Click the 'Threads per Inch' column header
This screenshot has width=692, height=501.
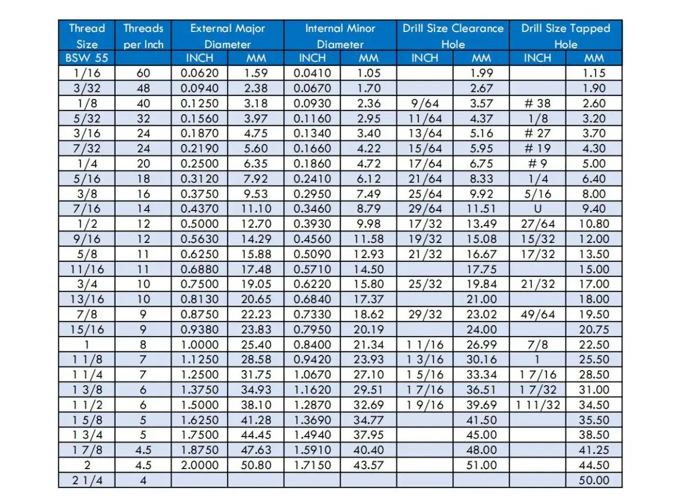pyautogui.click(x=143, y=36)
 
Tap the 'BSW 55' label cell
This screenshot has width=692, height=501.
pyautogui.click(x=87, y=58)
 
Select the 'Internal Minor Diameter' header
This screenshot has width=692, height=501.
pyautogui.click(x=340, y=36)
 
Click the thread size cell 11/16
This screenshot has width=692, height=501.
pyautogui.click(x=87, y=269)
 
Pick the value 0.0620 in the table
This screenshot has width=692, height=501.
pyautogui.click(x=199, y=73)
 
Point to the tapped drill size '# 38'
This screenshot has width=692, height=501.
pyautogui.click(x=537, y=103)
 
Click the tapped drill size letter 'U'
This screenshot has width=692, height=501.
pyautogui.click(x=537, y=209)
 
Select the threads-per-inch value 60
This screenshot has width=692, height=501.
pyautogui.click(x=143, y=73)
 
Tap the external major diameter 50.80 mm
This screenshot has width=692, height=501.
pyautogui.click(x=256, y=465)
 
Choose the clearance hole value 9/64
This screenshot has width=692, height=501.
pyautogui.click(x=425, y=103)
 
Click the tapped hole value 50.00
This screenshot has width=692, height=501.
pyautogui.click(x=594, y=480)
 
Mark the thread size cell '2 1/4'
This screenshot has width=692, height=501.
pyautogui.click(x=87, y=480)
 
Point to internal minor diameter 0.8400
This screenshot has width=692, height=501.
pyautogui.click(x=312, y=345)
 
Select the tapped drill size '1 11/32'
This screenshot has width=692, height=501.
pyautogui.click(x=537, y=405)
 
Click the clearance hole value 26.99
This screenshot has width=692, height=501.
pyautogui.click(x=481, y=345)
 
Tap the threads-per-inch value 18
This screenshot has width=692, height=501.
pyautogui.click(x=143, y=179)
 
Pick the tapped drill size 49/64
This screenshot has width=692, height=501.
pyautogui.click(x=537, y=314)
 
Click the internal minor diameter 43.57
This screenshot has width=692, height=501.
pyautogui.click(x=369, y=465)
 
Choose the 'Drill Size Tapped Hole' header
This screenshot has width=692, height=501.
pyautogui.click(x=565, y=36)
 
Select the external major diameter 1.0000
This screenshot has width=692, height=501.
pyautogui.click(x=199, y=345)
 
